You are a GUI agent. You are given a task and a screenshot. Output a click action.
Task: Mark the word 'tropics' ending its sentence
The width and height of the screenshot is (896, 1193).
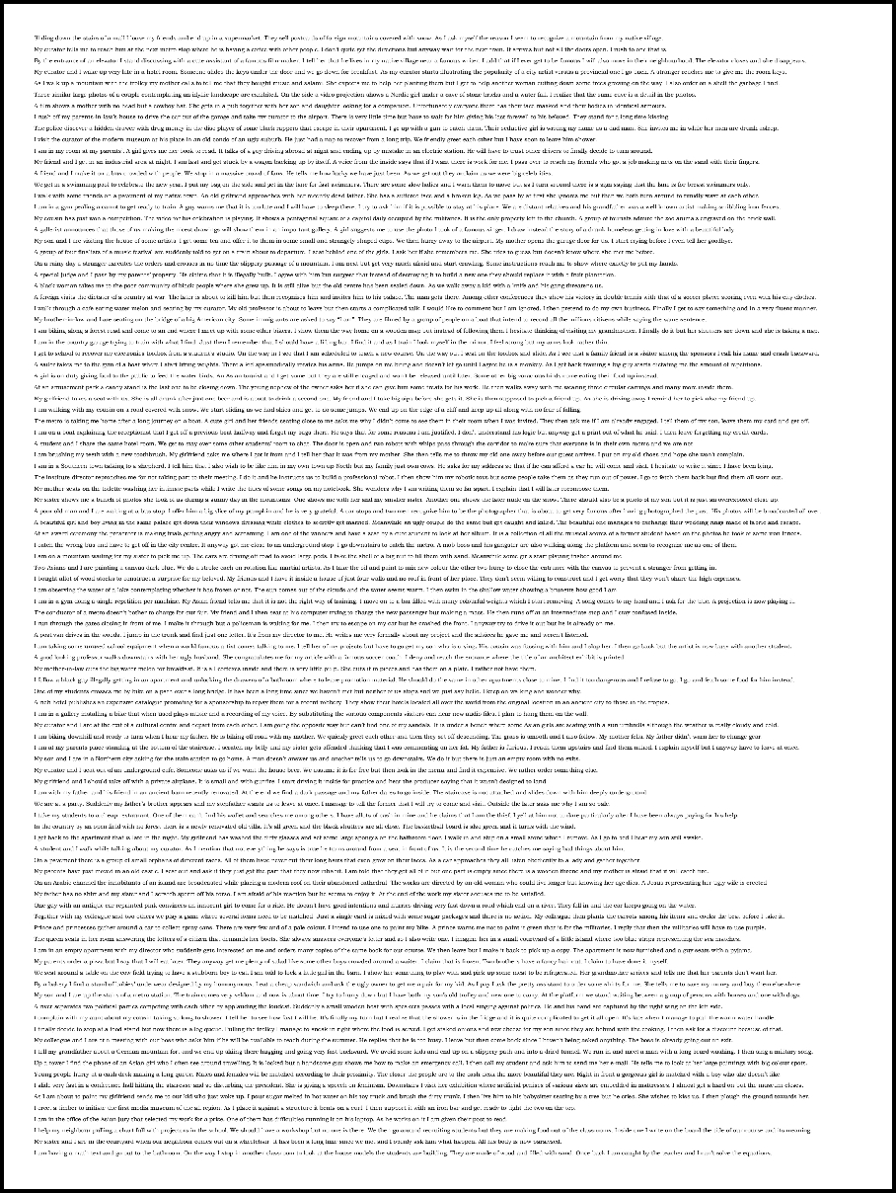tap(659, 702)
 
